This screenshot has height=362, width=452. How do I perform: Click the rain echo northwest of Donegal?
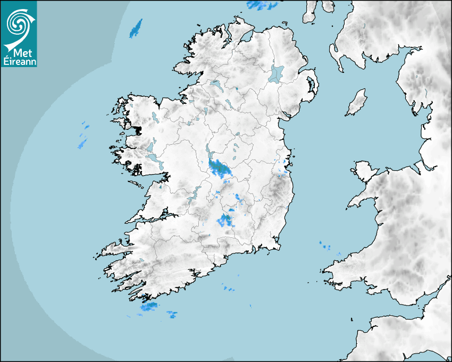tap(137, 28)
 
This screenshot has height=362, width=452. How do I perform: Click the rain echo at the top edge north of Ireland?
tap(262, 5)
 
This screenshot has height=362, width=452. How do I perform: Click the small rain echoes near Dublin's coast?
tap(282, 168)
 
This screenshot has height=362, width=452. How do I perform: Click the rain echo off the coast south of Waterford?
tap(229, 289)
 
